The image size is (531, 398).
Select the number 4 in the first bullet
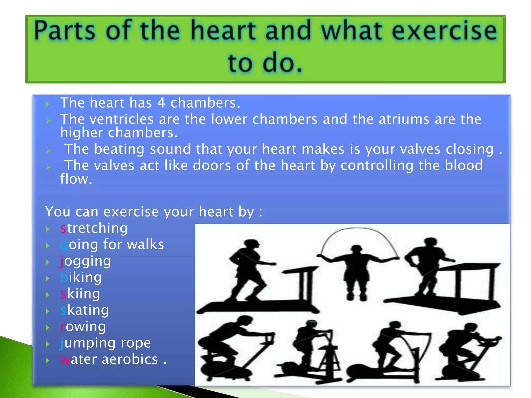[x=161, y=103]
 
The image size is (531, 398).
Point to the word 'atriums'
[x=404, y=119]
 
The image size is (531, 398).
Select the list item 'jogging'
[x=86, y=261]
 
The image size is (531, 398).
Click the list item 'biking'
[x=81, y=278]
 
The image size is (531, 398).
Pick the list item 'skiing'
[x=80, y=294]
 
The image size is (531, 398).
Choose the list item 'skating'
[x=85, y=310]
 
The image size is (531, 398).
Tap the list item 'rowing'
[x=83, y=326]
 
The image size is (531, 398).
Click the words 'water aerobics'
[x=109, y=359]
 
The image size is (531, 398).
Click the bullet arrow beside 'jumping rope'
[x=47, y=344]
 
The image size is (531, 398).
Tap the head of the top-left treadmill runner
[x=251, y=245]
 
